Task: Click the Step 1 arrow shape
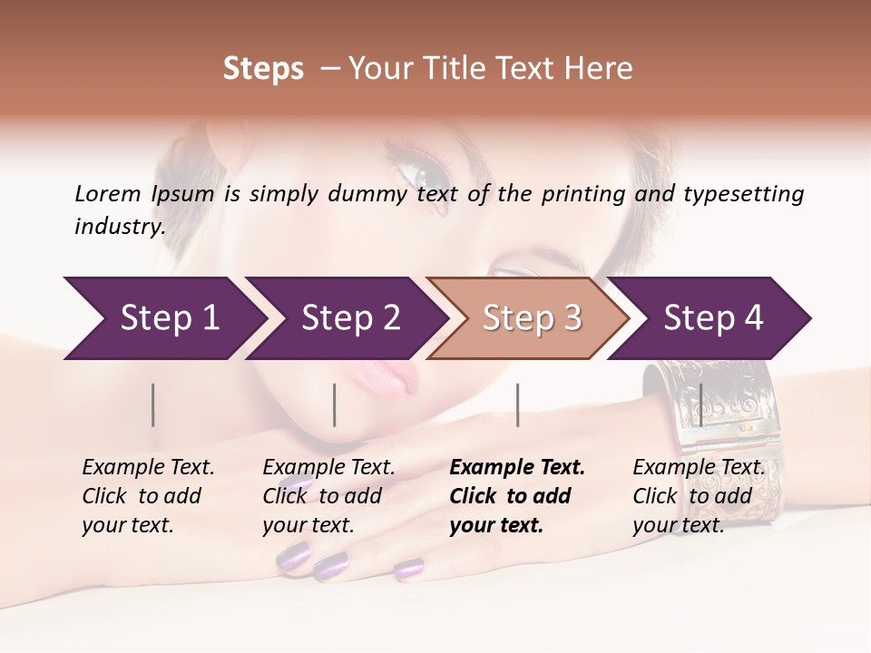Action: click(x=163, y=318)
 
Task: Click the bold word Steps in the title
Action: click(x=263, y=69)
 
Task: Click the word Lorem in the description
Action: click(x=108, y=193)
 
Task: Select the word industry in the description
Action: click(x=120, y=227)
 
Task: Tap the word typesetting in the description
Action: click(x=743, y=193)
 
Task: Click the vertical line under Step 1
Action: click(x=153, y=404)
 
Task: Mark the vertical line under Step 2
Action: click(x=335, y=404)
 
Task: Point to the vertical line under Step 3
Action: click(x=517, y=404)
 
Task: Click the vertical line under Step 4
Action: click(x=700, y=404)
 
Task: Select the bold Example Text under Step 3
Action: click(x=517, y=496)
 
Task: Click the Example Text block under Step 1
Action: click(x=148, y=496)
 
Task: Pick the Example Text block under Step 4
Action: click(x=699, y=496)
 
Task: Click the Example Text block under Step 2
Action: click(x=328, y=496)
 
